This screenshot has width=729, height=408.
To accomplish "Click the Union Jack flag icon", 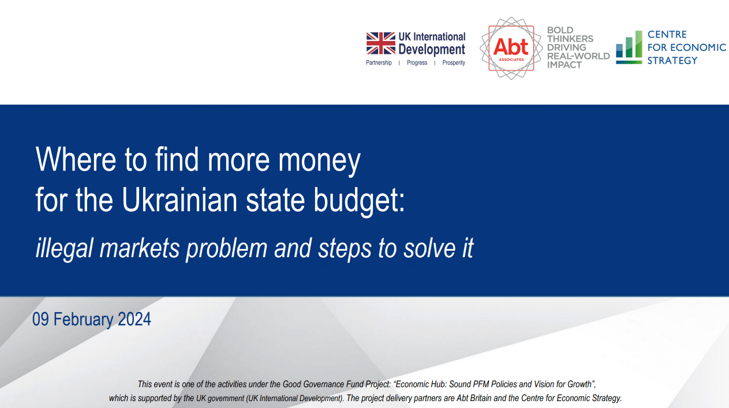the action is coord(380,43).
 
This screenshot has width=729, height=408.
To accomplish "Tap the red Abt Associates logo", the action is coord(511,48).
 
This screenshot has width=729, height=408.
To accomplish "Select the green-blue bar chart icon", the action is coord(629,47).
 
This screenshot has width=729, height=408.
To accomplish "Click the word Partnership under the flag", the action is coord(379,62).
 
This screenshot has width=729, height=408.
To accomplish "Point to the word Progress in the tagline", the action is coord(417,62).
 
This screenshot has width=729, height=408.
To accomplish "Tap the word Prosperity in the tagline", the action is coord(454,62).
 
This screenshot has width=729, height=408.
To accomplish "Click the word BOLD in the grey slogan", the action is coord(560,30).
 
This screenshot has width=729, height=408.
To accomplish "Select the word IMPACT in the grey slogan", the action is coord(564,65).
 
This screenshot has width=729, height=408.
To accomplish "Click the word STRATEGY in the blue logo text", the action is coord(672,61).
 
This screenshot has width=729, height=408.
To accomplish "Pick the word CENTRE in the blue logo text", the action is coord(667,34).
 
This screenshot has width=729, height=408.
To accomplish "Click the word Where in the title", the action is coord(76,159).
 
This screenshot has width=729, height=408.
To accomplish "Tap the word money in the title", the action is coord(319,162).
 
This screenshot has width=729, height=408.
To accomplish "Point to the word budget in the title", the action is coord(359,201).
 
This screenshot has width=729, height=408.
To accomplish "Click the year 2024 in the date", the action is coord(134,319).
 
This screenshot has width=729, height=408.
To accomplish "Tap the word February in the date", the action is coord(83,319).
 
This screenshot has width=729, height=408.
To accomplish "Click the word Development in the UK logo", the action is coord(432,49).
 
